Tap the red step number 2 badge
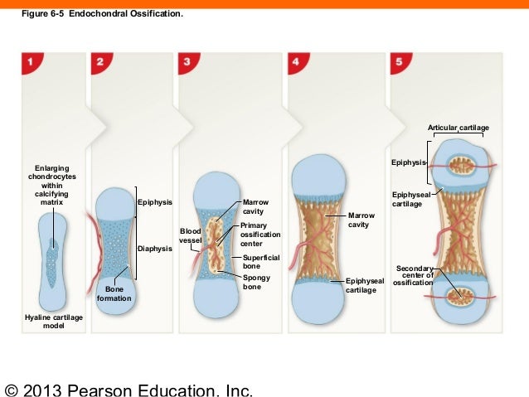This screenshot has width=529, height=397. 100,63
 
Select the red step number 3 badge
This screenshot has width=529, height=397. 189,63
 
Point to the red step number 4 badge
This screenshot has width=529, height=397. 297,63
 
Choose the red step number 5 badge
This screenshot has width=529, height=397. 401,63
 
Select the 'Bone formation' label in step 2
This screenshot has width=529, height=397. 114,293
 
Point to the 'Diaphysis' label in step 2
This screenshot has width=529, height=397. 154,249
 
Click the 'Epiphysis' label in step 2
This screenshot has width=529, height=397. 155,202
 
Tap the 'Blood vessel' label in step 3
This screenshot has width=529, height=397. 191,235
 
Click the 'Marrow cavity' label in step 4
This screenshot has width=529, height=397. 362,220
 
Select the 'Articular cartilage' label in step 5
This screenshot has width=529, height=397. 458,128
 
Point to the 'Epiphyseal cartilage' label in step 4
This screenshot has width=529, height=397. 365,286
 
